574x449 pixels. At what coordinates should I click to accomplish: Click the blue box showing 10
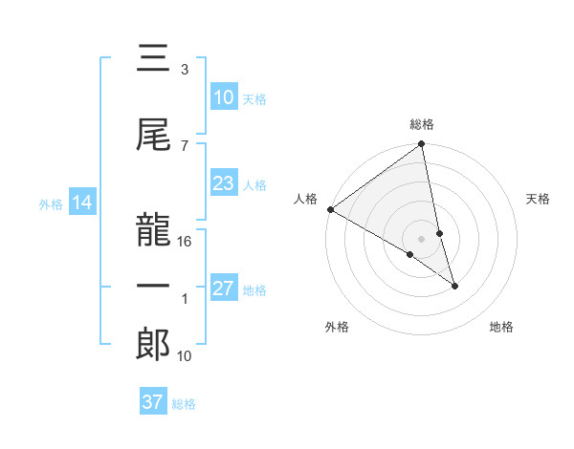(x=223, y=97)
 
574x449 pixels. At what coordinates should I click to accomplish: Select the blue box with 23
(x=223, y=184)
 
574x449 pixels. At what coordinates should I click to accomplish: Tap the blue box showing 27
(x=223, y=289)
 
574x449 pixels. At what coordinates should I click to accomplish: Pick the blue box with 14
(x=81, y=203)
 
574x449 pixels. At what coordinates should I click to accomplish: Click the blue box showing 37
(x=152, y=402)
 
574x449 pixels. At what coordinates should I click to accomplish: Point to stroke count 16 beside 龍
(x=186, y=241)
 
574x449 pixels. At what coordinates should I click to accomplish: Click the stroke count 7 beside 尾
(x=185, y=145)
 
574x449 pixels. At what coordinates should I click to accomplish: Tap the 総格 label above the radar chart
(x=422, y=124)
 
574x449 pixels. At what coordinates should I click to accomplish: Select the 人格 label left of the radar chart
(x=306, y=199)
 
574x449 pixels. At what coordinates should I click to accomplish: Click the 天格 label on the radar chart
(x=538, y=199)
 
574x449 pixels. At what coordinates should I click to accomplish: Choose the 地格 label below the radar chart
(x=501, y=327)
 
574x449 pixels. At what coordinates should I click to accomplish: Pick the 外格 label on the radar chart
(x=337, y=327)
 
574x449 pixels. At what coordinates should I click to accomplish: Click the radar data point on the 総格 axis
(x=422, y=145)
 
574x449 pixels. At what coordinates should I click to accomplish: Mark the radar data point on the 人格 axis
(x=330, y=209)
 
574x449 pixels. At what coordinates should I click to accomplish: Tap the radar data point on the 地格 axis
(x=454, y=285)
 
